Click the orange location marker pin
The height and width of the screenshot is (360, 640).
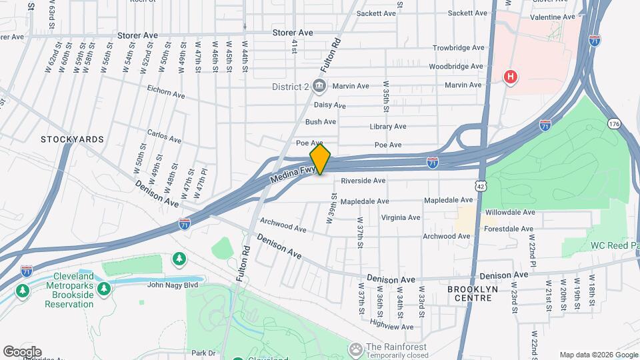tap(320, 159)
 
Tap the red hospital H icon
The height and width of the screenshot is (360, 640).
tap(511, 77)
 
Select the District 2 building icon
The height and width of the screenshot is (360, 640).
tap(319, 85)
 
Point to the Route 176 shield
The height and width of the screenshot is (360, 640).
tap(614, 124)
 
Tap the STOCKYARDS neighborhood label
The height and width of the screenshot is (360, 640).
tap(72, 139)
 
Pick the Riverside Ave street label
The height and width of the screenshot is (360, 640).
tap(363, 181)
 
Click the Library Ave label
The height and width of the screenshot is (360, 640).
tap(388, 127)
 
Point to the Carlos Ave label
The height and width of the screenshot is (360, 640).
tap(164, 137)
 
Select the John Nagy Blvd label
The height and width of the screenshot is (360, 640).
tap(173, 285)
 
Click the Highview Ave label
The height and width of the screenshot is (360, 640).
tap(392, 327)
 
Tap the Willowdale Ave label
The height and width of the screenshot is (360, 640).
tap(511, 212)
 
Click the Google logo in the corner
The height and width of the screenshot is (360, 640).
tap(22, 352)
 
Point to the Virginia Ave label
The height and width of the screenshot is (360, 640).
tap(401, 217)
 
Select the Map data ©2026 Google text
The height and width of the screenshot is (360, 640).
tap(598, 355)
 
